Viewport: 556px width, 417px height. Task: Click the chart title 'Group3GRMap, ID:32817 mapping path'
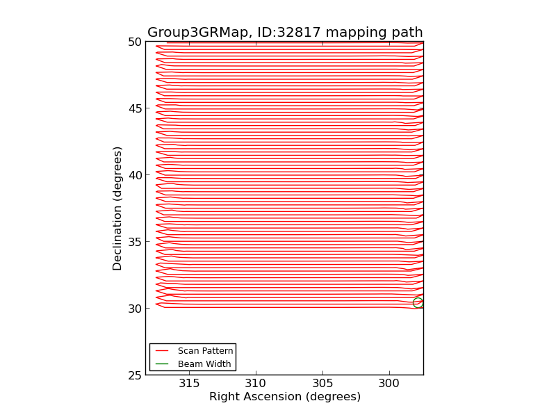(x=285, y=33)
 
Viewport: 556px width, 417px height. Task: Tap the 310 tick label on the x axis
(x=256, y=384)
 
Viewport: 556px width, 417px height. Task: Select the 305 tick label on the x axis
(x=322, y=384)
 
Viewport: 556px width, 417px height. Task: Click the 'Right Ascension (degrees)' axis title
(x=285, y=397)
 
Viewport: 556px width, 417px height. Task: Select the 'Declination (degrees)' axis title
(x=118, y=208)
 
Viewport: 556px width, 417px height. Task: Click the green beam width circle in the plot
(x=418, y=302)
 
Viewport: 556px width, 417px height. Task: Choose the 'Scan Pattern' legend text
(x=205, y=351)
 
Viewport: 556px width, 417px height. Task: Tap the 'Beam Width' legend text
(x=204, y=363)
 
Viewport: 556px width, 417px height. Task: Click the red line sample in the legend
(x=162, y=351)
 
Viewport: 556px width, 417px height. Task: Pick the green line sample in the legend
(x=162, y=363)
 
